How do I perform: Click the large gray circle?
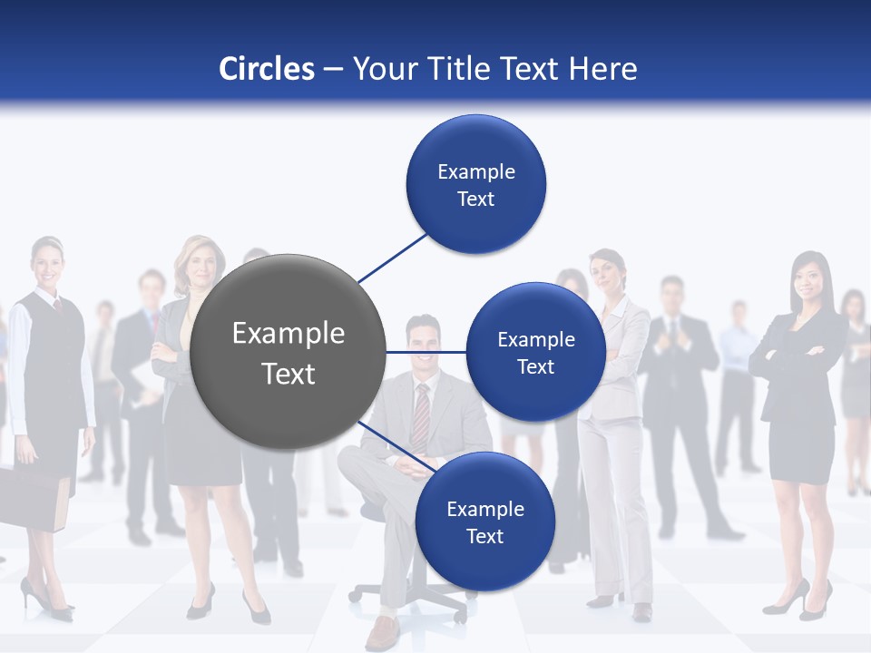coord(289,352)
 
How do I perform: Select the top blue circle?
coord(475,184)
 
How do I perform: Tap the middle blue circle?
coord(535,352)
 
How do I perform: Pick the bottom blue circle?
coord(484,521)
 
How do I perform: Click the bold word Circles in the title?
coord(266,69)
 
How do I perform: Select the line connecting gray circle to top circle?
coord(392,258)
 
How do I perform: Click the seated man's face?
coord(423,346)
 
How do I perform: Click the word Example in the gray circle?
coord(289,334)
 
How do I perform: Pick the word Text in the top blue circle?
coord(475,199)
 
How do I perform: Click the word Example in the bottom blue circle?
coord(484,509)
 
